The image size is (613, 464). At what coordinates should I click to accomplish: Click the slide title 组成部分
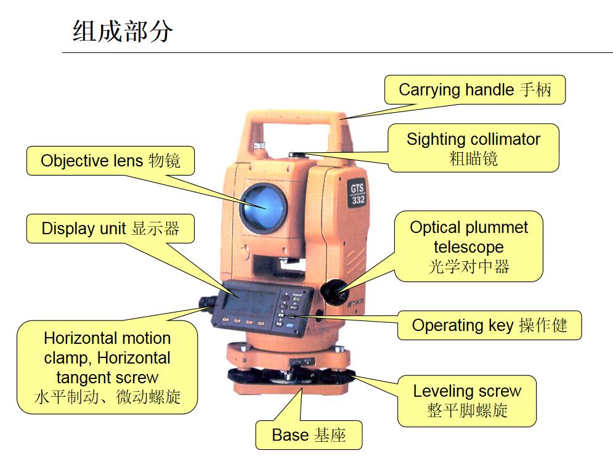point(123,31)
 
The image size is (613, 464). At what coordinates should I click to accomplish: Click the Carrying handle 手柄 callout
point(474,90)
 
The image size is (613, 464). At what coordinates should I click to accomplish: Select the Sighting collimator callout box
point(473,148)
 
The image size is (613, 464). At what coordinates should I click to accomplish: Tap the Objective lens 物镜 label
point(110,161)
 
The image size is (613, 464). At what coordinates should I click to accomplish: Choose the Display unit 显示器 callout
point(110,229)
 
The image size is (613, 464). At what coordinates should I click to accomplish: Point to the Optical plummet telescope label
point(469,246)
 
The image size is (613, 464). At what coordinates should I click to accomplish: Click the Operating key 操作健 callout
point(489,325)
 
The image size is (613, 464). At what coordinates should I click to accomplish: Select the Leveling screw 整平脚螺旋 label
point(467,401)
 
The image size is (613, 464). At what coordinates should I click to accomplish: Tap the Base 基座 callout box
point(309,435)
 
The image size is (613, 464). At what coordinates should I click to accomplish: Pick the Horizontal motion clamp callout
point(107,367)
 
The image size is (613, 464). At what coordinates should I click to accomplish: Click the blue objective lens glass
point(263,207)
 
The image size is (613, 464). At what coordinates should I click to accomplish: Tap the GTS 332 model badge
point(357,194)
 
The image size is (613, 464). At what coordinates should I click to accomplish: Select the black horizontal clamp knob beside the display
point(206,303)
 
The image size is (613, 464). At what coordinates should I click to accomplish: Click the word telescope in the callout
point(469,246)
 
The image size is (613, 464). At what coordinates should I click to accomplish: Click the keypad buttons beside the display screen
point(290,311)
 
